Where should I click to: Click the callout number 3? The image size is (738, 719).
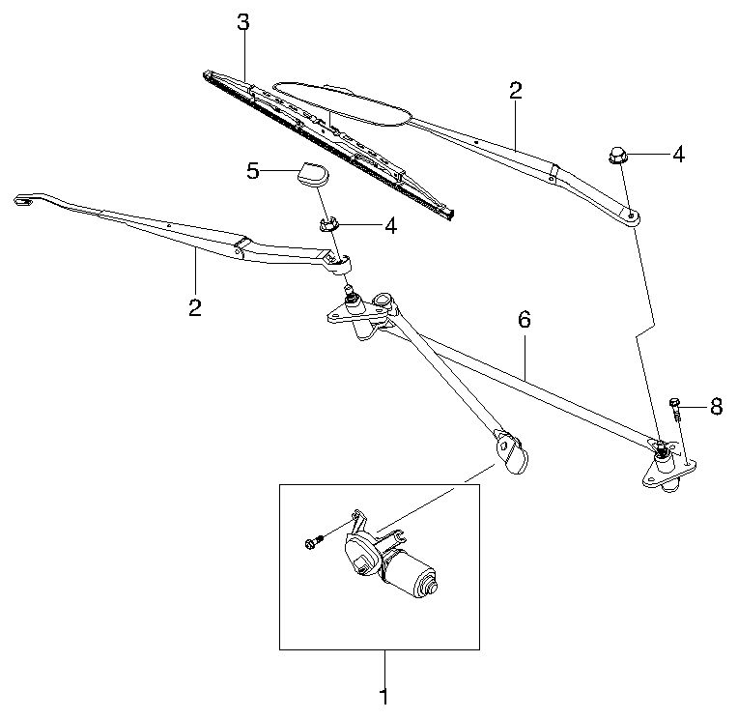243,20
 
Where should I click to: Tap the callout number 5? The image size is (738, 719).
253,171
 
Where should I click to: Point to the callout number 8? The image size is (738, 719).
716,407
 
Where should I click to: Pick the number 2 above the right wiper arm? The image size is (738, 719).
515,92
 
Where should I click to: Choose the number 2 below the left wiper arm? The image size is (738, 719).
195,308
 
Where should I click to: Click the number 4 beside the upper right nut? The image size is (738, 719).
678,154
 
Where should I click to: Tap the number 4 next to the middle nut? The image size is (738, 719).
390,226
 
